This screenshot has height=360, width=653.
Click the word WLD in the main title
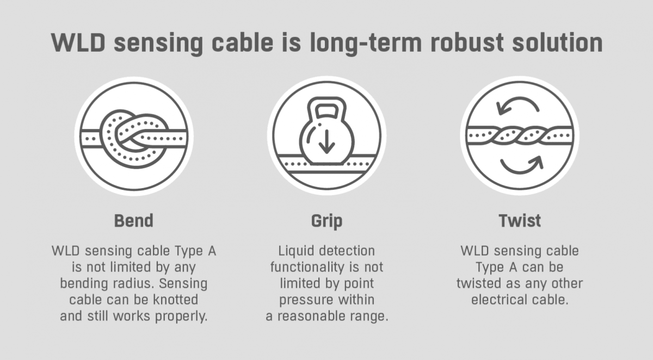78,42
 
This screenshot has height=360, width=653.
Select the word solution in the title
557,42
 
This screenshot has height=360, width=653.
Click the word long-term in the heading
366,44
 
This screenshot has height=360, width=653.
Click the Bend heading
133,220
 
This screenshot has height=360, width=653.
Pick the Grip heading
326,221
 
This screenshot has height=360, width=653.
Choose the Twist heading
520,220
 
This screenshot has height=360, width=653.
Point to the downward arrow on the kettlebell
326,141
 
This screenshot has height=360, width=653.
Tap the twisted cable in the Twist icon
520,135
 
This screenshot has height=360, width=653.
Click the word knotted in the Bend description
175,300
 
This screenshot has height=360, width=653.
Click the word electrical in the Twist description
497,300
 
